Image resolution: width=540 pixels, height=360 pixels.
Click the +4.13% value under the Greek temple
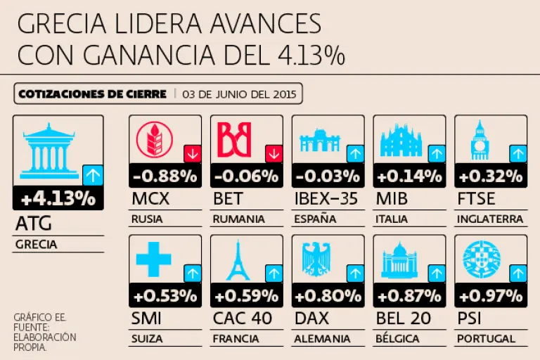(x=58, y=198)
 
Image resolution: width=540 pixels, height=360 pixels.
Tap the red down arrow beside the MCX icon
(x=192, y=153)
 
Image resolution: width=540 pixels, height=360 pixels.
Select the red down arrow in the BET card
(x=274, y=153)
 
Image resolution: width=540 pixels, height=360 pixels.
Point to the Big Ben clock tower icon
(x=480, y=140)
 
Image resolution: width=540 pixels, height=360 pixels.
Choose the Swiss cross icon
(x=153, y=259)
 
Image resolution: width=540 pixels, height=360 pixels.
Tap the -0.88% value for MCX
(x=165, y=176)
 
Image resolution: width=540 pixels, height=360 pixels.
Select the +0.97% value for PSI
(x=491, y=295)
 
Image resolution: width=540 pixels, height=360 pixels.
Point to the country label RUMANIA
(x=239, y=219)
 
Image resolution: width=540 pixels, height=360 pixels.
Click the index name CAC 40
(x=243, y=319)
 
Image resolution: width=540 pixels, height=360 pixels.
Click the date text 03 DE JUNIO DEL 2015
(x=239, y=94)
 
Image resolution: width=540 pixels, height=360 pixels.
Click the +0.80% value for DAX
(x=328, y=295)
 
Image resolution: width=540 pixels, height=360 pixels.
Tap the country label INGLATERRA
(x=490, y=219)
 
